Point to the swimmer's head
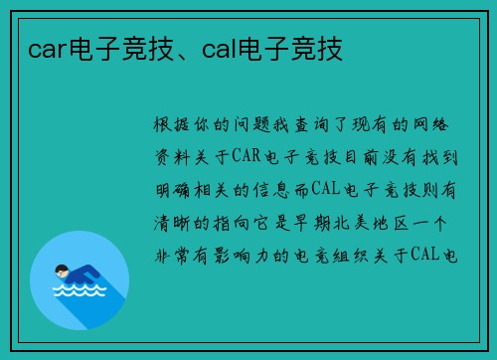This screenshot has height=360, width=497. click(62, 269)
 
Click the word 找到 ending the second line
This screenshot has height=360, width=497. click(447, 157)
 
